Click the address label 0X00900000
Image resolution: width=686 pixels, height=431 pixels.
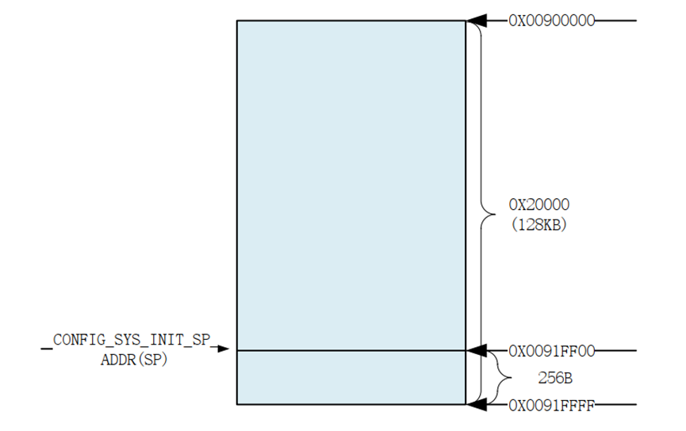552,21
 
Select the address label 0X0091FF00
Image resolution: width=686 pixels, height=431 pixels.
552,350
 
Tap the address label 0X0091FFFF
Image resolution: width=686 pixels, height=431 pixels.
552,406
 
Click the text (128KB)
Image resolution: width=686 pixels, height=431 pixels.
538,224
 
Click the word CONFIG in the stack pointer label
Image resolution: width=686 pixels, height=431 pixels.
79,340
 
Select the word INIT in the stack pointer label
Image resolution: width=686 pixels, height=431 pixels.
163,340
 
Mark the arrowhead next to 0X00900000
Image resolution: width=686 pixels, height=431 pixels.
476,21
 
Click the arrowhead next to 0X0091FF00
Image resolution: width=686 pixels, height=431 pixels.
476,350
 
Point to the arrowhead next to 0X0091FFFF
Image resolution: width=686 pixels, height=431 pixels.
476,406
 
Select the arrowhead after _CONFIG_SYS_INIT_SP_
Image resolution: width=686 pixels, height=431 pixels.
224,349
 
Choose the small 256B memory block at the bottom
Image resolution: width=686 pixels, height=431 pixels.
351,378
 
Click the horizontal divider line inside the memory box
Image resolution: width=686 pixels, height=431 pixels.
351,350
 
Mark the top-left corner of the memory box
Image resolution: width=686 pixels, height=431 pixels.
237,21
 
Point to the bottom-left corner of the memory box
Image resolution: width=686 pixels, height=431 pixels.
237,405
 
